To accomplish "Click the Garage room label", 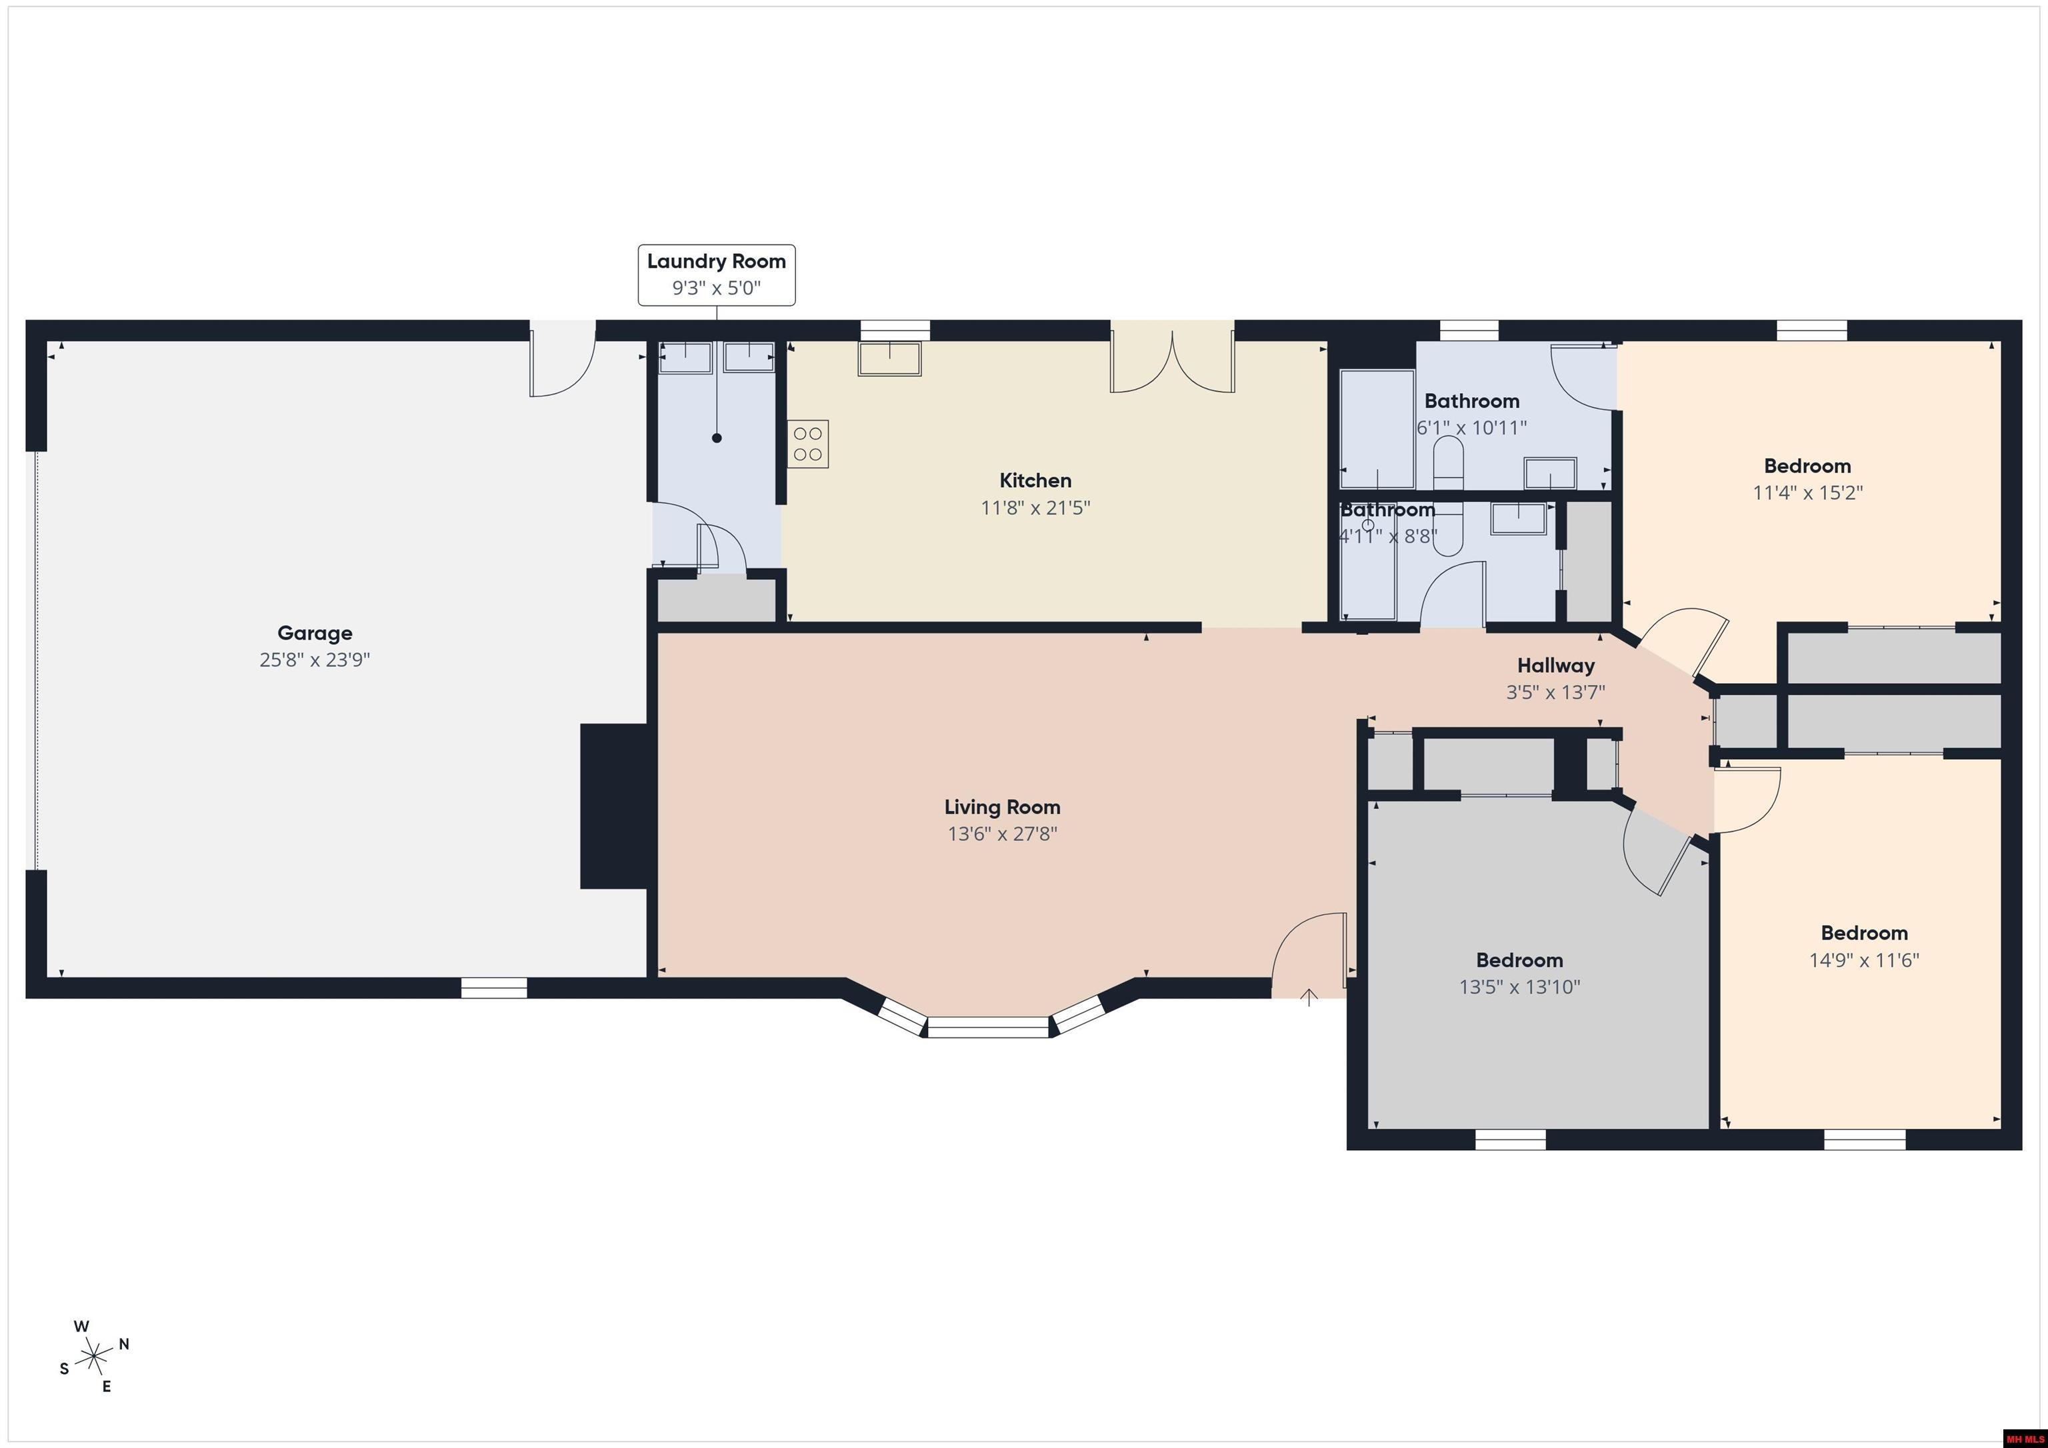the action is pyautogui.click(x=315, y=633).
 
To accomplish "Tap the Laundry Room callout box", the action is pyautogui.click(x=716, y=275).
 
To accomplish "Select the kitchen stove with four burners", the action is pyautogui.click(x=808, y=444).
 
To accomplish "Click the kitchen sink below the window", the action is pyautogui.click(x=889, y=359).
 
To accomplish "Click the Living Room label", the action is pyautogui.click(x=1003, y=807).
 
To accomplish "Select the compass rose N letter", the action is pyautogui.click(x=124, y=1343).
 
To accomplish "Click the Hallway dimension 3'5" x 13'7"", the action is pyautogui.click(x=1555, y=692).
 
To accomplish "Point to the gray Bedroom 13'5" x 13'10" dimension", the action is pyautogui.click(x=1519, y=987).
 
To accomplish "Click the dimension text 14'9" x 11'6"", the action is pyautogui.click(x=1863, y=960).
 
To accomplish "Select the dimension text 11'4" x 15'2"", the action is pyautogui.click(x=1807, y=492).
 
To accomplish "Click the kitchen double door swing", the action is pyautogui.click(x=1172, y=361).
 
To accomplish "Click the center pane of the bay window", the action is pyautogui.click(x=987, y=1028).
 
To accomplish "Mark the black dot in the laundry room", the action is pyautogui.click(x=716, y=438).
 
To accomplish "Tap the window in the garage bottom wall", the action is pyautogui.click(x=494, y=988).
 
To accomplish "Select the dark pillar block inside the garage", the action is pyautogui.click(x=614, y=806).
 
